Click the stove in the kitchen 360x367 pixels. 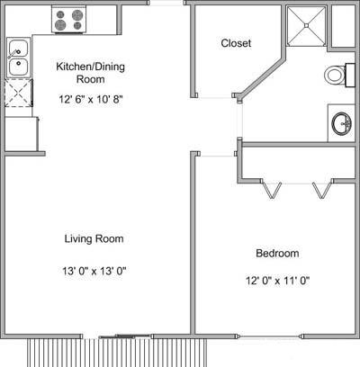tap(68, 20)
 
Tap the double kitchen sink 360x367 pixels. tap(18, 57)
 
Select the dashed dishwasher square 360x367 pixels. tap(19, 93)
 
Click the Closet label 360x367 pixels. tap(236, 43)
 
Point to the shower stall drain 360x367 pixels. tap(306, 26)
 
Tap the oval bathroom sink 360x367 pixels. tap(341, 123)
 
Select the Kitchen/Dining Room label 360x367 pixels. tap(90, 73)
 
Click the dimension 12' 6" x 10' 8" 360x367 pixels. tap(91, 99)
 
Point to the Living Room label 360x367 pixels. tap(94, 238)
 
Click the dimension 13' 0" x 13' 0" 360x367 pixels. tap(94, 271)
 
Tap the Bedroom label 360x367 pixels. tap(277, 253)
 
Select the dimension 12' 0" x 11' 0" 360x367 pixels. tap(277, 281)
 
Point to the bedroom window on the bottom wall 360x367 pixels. tap(270, 336)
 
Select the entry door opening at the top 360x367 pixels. tap(166, 3)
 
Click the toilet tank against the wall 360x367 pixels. tap(350, 75)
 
